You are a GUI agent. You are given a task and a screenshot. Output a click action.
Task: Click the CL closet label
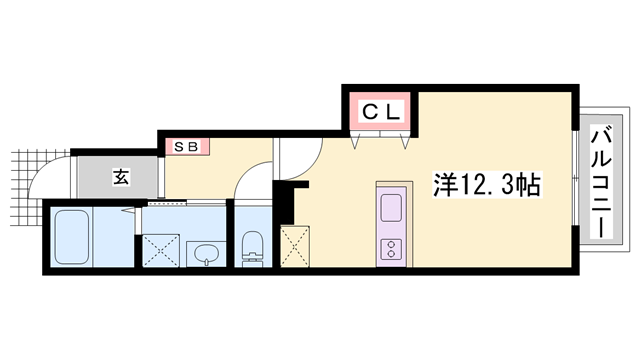coord(381,112)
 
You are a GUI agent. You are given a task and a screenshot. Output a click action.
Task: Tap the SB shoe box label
coord(188,146)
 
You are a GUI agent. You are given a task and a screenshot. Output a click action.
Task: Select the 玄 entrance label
coord(120,178)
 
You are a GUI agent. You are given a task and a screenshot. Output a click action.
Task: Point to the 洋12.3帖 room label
coord(489,184)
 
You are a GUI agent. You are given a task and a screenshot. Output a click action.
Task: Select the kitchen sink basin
coord(390,208)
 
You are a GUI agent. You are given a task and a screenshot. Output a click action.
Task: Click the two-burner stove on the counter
coord(390,250)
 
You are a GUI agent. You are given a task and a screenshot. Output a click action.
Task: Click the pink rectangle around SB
coord(188,146)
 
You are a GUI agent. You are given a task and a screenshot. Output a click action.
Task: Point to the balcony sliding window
coord(577,181)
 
